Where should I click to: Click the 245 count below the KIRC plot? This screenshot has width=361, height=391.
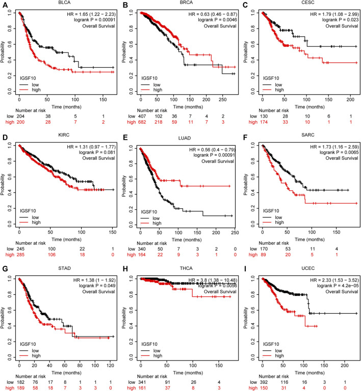[19, 246]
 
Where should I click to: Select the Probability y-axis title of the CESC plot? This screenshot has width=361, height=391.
[247, 51]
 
